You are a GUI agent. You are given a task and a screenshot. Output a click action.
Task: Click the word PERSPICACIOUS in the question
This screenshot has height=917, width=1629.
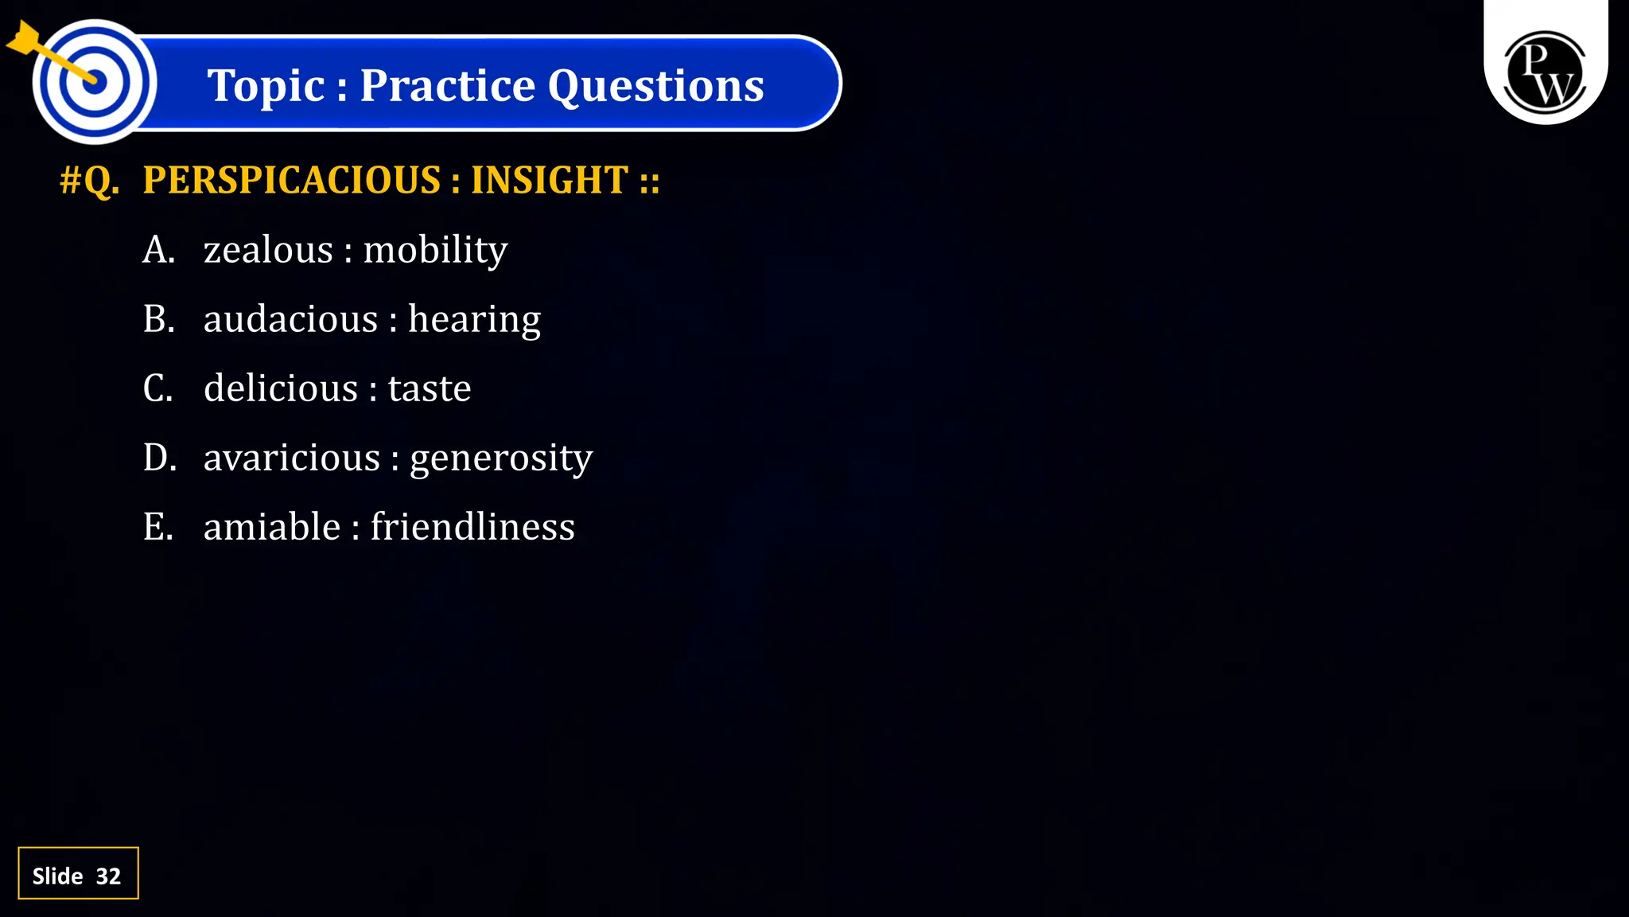pos(291,180)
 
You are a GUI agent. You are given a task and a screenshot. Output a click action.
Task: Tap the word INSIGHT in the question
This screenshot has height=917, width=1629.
pos(550,180)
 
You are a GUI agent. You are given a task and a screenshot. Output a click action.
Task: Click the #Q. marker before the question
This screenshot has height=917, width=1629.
pos(90,180)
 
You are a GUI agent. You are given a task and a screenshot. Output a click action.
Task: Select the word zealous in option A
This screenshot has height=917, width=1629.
pos(268,250)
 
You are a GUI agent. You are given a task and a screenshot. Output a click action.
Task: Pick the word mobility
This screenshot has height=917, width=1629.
pos(435,250)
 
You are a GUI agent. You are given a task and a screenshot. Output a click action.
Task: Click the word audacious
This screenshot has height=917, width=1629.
pos(290,319)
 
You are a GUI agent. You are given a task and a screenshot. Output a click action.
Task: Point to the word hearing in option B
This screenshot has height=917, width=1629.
pos(474,319)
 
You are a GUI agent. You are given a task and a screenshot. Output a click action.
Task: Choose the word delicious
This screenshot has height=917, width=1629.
pos(281,388)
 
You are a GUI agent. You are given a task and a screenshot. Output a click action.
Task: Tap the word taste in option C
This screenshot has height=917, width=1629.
pos(430,388)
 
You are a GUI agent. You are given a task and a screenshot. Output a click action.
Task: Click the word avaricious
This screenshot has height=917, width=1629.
pos(292,458)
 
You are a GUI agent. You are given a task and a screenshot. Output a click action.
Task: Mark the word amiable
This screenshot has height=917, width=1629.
pos(272,527)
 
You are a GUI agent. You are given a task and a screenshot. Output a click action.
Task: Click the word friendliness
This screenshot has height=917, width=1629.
pos(472,527)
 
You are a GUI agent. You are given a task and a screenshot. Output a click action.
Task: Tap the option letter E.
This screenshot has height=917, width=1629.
pos(157,527)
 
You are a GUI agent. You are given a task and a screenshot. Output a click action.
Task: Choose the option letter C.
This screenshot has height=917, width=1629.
pos(157,388)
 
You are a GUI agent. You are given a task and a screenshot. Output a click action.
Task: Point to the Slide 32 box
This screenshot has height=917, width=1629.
pos(78,873)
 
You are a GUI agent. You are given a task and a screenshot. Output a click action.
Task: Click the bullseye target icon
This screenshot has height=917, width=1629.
pos(94,81)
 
